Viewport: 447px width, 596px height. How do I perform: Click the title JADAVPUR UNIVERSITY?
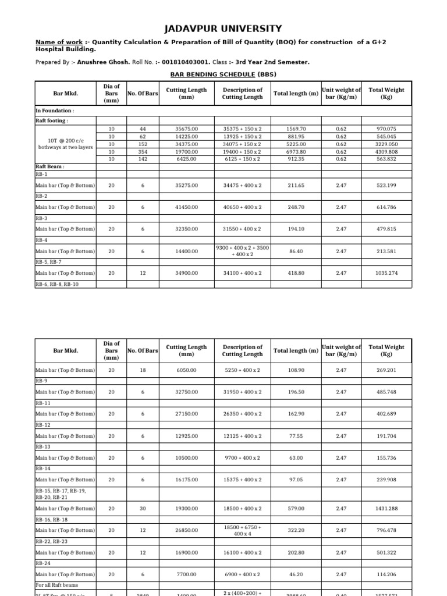223,29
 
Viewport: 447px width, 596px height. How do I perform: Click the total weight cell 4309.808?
386,151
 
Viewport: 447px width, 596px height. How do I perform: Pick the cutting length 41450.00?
186,207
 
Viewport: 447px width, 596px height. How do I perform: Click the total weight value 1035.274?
386,273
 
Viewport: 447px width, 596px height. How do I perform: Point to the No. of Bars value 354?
143,151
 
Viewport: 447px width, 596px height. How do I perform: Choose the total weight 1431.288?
386,509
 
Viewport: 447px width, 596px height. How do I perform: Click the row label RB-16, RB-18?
52,519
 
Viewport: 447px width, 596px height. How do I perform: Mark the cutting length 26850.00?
186,530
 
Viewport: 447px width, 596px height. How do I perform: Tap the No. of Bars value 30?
143,509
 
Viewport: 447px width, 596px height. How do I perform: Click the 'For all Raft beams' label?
57,585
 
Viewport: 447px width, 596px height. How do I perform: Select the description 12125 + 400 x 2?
242,436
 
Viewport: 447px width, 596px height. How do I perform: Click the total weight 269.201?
386,370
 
